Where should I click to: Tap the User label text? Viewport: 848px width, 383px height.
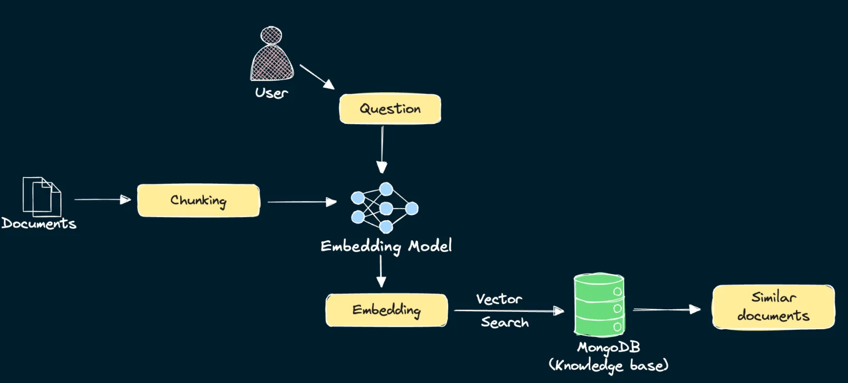coord(271,93)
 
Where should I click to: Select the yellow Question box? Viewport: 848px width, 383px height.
coord(390,109)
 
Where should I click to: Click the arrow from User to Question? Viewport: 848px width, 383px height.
coord(317,76)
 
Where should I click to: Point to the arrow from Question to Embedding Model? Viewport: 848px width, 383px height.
coord(382,150)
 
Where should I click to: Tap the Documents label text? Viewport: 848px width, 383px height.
coord(39,223)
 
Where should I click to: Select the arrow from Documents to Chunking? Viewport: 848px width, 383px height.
coord(102,200)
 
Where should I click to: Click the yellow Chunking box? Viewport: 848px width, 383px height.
coord(198,200)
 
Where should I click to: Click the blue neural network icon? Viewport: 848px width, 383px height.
coord(385,208)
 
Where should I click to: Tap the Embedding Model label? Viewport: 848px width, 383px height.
coord(386,246)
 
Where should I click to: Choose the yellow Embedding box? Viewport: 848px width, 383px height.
coord(386,310)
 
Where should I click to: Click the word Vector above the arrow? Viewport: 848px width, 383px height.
coord(499,299)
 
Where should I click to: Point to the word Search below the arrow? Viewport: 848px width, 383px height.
coord(504,322)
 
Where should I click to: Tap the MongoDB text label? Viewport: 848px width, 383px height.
coord(608,348)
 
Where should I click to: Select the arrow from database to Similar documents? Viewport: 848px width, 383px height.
coord(667,310)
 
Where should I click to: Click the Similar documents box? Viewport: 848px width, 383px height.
coord(773,307)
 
